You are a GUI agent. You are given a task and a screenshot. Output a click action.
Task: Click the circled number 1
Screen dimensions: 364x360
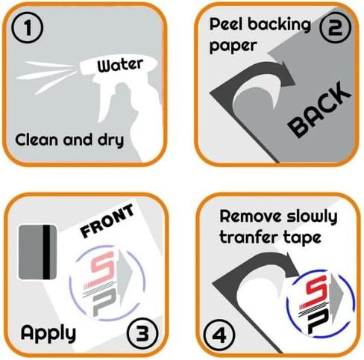(28, 28)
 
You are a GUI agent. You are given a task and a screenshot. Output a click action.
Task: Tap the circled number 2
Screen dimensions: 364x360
(335, 28)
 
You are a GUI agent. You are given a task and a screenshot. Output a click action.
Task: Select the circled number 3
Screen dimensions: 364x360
(142, 333)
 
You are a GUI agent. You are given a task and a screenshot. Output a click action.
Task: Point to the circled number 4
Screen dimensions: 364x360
(219, 335)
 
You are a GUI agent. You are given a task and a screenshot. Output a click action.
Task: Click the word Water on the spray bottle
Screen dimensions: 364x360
(120, 65)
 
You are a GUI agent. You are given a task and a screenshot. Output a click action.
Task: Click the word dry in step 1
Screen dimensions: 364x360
(110, 140)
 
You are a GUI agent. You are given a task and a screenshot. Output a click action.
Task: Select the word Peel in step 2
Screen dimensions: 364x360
(227, 25)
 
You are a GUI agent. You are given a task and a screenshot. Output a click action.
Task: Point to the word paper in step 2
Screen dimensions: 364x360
(233, 46)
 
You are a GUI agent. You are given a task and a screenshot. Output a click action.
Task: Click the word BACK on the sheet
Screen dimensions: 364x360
(319, 109)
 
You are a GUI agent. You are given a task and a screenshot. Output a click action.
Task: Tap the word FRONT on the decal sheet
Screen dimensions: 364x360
(107, 220)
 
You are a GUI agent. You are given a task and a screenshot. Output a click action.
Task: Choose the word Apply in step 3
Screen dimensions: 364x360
(48, 333)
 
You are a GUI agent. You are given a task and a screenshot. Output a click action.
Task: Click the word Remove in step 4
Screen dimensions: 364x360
(251, 216)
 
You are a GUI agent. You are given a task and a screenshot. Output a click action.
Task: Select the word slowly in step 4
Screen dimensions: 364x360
(312, 217)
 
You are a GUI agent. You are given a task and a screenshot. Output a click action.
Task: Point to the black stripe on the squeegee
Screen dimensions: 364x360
(46, 252)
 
